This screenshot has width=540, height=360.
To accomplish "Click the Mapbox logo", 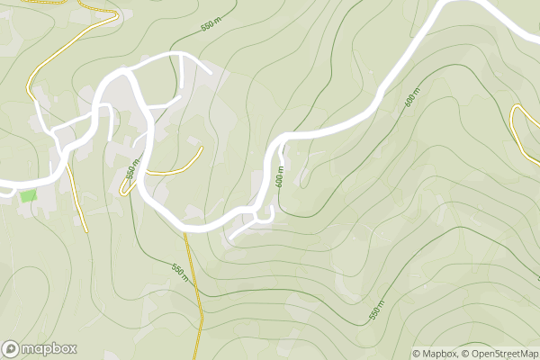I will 39,349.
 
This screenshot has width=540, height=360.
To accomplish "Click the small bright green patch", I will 29,195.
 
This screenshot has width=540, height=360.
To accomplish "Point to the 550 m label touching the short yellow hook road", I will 131,170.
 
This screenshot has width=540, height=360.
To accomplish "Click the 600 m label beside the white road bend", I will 280,176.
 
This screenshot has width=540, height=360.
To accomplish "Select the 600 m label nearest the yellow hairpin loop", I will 413,99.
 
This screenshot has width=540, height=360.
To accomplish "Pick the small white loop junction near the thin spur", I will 263,214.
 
